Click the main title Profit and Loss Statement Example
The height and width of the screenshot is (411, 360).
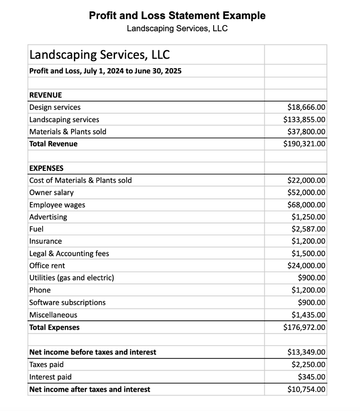tap(177, 15)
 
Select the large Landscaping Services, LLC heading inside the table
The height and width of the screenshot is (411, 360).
tap(99, 54)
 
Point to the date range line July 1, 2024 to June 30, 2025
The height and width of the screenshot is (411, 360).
tap(105, 71)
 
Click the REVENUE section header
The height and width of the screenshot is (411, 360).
tap(45, 95)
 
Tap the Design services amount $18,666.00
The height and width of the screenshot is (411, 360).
tap(306, 107)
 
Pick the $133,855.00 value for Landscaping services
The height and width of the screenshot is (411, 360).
tap(304, 120)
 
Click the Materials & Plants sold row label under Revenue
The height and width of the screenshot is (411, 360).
tap(68, 132)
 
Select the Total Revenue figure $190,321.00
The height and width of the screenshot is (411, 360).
tap(304, 144)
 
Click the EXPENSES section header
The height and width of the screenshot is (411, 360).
tap(46, 168)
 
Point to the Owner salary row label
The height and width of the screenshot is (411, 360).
tap(51, 192)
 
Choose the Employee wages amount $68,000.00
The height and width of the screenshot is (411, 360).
tap(306, 205)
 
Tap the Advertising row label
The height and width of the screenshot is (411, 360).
tap(48, 217)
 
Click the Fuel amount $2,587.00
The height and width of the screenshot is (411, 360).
tap(308, 229)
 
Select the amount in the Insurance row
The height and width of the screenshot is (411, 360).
tap(308, 241)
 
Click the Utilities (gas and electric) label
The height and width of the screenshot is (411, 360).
tap(72, 278)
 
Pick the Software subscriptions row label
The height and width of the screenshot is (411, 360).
tap(67, 302)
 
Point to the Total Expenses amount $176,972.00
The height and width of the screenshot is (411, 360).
tap(304, 327)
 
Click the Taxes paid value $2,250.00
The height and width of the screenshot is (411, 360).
tap(308, 365)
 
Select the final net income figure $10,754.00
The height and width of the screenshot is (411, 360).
tap(306, 389)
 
